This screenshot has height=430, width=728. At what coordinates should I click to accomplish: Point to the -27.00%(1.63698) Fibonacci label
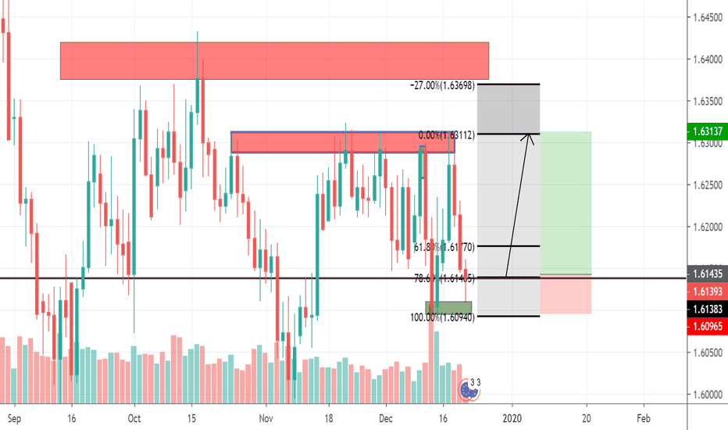(x=441, y=84)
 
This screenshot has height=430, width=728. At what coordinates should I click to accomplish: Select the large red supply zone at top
(x=274, y=61)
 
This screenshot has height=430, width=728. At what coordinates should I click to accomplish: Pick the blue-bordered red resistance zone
(x=342, y=142)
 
